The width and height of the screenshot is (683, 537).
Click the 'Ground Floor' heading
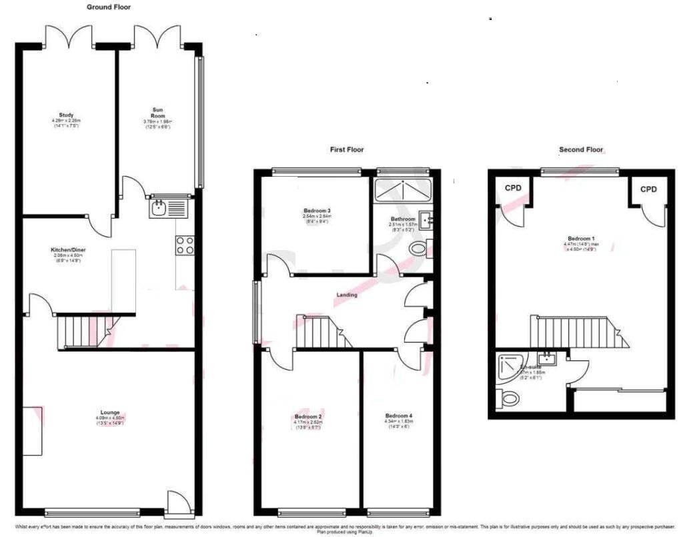109,7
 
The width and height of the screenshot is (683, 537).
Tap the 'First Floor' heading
347,150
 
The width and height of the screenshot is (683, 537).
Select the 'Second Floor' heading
581,150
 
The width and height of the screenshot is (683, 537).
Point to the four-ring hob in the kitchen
185,245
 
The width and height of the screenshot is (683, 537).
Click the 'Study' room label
66,115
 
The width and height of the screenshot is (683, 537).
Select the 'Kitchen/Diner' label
69,250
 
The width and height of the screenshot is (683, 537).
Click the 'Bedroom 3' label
317,211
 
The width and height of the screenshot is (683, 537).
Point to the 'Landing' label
347,295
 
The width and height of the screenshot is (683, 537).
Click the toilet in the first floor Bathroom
419,249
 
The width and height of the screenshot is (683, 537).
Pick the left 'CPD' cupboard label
513,189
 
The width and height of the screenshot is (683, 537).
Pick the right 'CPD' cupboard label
648,189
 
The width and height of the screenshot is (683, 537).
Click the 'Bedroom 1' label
581,239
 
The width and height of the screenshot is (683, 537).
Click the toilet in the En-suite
509,399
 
